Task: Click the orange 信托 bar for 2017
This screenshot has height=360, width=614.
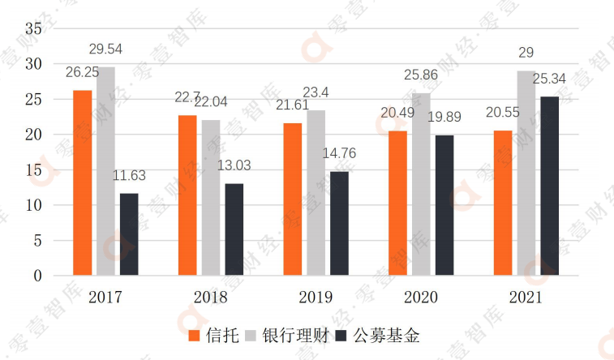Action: pyautogui.click(x=83, y=183)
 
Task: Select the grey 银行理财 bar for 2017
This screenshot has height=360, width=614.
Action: pyautogui.click(x=106, y=172)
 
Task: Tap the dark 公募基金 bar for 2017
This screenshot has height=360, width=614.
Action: pyautogui.click(x=129, y=234)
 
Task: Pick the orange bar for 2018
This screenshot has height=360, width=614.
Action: pyautogui.click(x=187, y=195)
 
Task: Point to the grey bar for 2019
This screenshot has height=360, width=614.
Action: pyautogui.click(x=316, y=193)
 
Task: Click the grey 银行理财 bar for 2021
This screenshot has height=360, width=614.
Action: pyautogui.click(x=526, y=174)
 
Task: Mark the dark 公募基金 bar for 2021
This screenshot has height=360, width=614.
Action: pyautogui.click(x=549, y=186)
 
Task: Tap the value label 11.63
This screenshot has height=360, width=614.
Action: pyautogui.click(x=128, y=175)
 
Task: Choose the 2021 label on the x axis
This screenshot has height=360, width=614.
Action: pyautogui.click(x=525, y=298)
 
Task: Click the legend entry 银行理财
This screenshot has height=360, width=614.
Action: pyautogui.click(x=287, y=336)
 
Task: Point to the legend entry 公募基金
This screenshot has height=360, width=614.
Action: pyautogui.click(x=381, y=336)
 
